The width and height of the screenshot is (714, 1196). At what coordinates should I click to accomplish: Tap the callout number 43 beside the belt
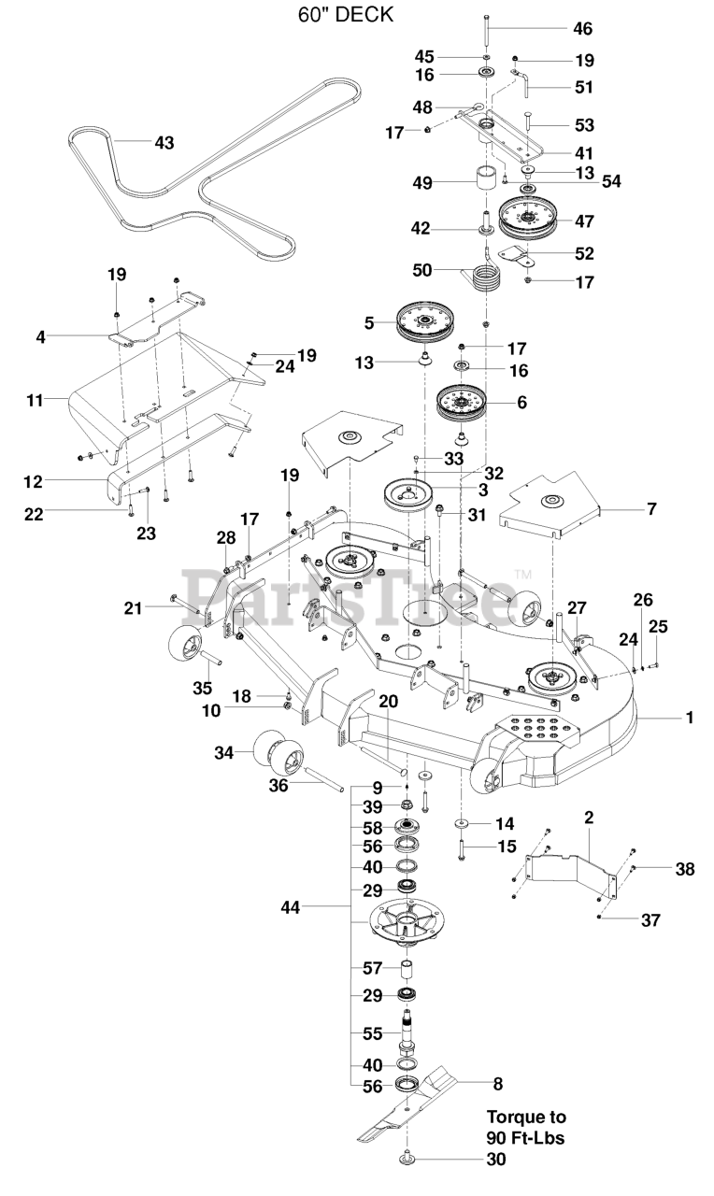coord(164,142)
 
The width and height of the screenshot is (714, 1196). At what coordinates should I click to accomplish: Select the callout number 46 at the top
coord(581,29)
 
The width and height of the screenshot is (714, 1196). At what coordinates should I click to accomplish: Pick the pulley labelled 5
coord(424,322)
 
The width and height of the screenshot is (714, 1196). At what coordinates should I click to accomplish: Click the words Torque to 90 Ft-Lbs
coord(526,1127)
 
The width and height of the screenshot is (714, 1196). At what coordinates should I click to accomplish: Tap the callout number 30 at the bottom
coord(495,1160)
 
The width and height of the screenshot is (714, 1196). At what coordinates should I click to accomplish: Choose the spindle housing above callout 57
coord(408,919)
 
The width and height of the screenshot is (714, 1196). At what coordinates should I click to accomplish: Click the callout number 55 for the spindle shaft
coord(373,1033)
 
